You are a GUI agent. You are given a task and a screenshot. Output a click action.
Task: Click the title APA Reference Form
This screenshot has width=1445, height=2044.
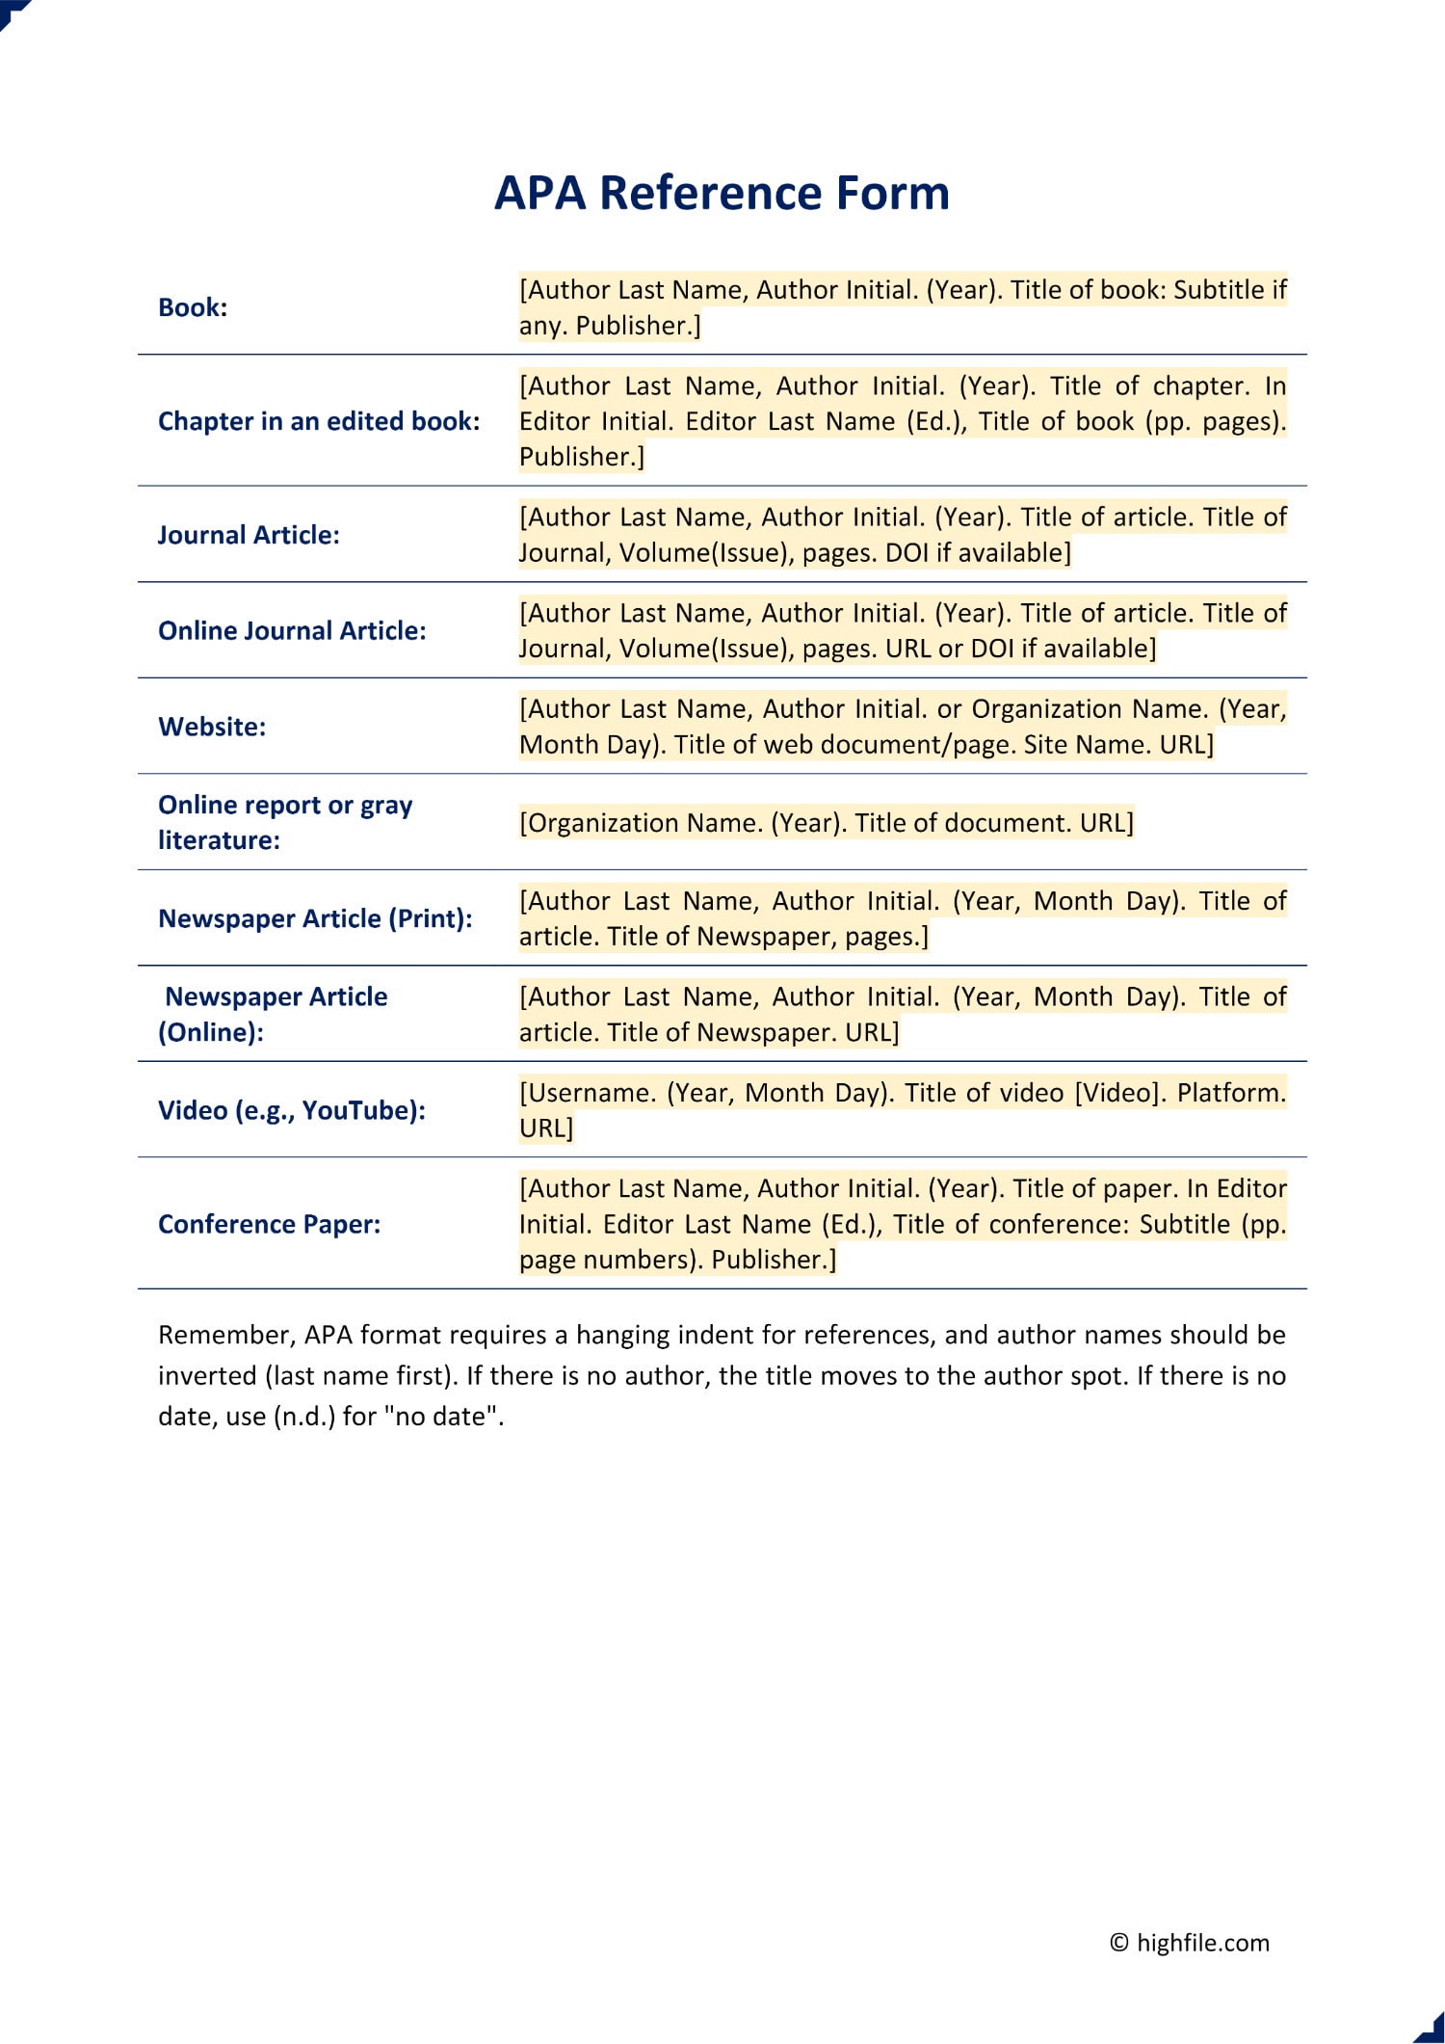pos(722,193)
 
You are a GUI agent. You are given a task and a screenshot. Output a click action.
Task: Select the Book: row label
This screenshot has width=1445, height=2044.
pos(193,307)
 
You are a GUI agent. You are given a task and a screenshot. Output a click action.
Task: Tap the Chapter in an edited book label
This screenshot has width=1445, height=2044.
pos(319,421)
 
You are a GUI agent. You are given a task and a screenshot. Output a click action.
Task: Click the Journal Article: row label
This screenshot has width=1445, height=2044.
pos(249,535)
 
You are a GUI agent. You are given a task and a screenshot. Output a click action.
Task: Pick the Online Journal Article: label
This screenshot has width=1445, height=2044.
pos(292,630)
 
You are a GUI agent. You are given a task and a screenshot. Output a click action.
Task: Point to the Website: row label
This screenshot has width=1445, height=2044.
pos(212,727)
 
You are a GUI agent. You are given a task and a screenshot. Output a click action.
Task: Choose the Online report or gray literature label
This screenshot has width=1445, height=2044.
pos(285,822)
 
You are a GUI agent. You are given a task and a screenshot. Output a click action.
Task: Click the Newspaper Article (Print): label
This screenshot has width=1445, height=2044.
pos(315,918)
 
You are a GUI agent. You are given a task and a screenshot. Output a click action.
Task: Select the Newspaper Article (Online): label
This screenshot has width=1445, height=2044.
pos(274,1014)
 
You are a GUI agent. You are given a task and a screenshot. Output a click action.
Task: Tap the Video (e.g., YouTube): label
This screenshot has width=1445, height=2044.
pos(292,1110)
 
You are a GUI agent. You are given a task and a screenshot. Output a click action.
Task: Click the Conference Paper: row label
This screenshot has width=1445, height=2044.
pos(270,1224)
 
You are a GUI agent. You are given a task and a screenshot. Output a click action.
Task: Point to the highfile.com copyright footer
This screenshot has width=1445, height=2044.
pos(1190,1942)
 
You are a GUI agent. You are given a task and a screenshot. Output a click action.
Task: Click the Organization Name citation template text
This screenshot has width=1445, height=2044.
pos(826,823)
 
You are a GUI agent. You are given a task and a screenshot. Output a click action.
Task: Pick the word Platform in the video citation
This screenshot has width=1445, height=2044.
pos(1231,1093)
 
